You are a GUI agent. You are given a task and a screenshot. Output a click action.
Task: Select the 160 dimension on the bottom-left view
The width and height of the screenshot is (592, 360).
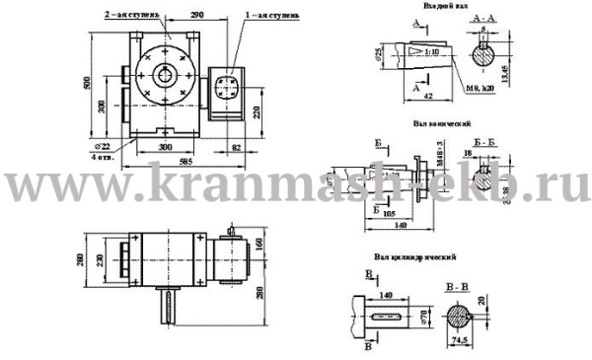coord(259,242)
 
